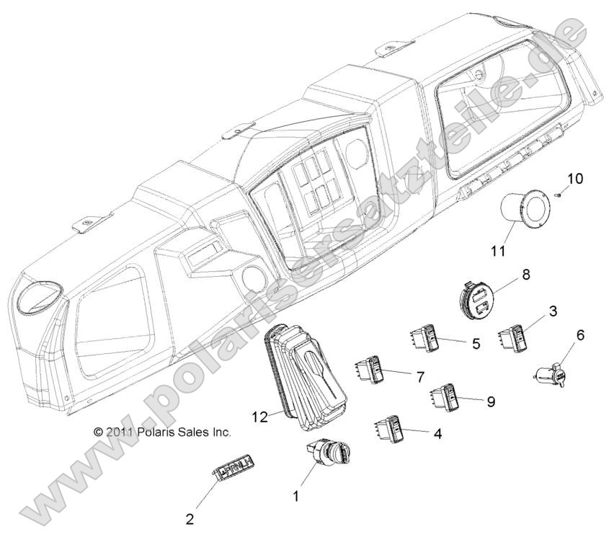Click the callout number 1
point(295,496)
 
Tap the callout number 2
point(190,518)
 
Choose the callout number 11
point(497,252)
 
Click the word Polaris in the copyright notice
point(156,432)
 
